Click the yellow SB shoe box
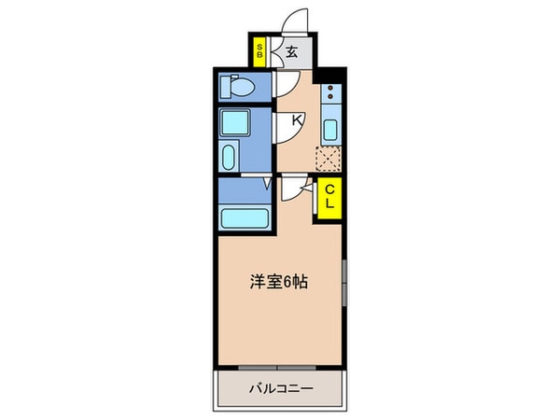(x=259, y=52)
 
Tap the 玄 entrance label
(x=291, y=53)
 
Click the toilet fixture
(x=236, y=89)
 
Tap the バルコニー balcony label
(x=280, y=387)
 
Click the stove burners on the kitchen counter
(x=330, y=93)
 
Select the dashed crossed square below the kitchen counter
(x=329, y=161)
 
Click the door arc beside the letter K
(x=287, y=131)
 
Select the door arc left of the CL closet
(x=297, y=191)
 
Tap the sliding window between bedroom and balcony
(x=279, y=367)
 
